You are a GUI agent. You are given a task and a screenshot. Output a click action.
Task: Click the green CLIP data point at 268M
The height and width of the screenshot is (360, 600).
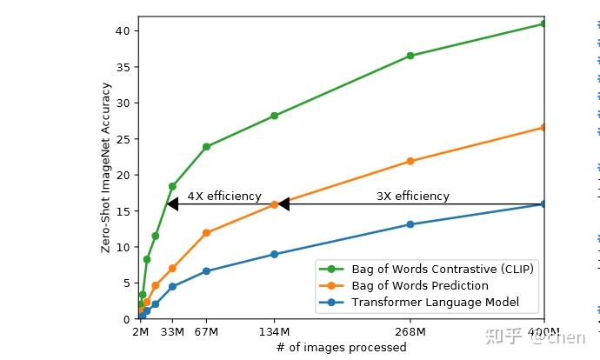tap(410, 56)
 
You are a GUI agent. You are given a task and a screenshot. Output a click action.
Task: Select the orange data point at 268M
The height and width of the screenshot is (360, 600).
tap(410, 161)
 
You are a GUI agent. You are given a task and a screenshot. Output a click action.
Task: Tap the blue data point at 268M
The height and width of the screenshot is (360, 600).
tap(410, 224)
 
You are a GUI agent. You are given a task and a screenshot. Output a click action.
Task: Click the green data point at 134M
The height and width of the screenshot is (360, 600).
tap(275, 116)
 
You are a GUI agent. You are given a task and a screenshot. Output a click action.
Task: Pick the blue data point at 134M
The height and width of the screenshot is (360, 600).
tap(275, 254)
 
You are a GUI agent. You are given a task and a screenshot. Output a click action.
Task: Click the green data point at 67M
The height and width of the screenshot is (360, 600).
tap(206, 147)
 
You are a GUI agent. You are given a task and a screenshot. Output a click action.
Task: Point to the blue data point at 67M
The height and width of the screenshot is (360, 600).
tap(206, 271)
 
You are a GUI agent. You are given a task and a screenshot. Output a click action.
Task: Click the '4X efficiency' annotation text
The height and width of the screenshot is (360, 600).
tap(224, 197)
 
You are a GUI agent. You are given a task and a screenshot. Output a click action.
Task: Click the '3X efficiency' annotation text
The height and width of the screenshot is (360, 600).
tap(413, 197)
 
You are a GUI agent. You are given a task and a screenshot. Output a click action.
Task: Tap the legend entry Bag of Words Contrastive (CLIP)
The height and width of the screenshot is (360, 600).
tap(442, 269)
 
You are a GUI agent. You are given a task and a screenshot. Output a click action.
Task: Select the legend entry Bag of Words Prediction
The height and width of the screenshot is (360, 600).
tap(419, 285)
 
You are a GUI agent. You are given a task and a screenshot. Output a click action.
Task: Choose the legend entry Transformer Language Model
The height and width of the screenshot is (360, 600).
tap(435, 302)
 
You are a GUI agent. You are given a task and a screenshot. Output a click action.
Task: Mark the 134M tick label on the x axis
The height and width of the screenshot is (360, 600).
tap(275, 331)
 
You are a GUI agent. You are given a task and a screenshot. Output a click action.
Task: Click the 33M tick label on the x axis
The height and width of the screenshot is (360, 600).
tap(172, 331)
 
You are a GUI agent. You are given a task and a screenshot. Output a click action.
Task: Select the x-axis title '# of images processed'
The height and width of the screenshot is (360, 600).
tap(341, 348)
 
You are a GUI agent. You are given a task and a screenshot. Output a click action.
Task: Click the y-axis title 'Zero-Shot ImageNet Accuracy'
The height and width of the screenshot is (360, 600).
tap(106, 168)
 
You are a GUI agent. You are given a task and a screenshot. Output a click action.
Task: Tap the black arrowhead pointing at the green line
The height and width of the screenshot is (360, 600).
tap(172, 204)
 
